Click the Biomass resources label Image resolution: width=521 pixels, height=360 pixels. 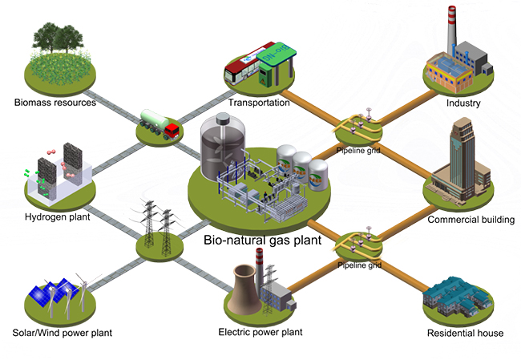pos(55,103)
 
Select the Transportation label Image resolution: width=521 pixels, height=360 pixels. pos(260,103)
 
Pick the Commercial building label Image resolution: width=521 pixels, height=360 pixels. pos(471,220)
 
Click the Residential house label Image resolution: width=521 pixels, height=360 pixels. pos(465,333)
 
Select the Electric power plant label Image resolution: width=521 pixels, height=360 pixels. pos(260,332)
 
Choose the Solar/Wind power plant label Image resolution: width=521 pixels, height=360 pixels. pos(62,333)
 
